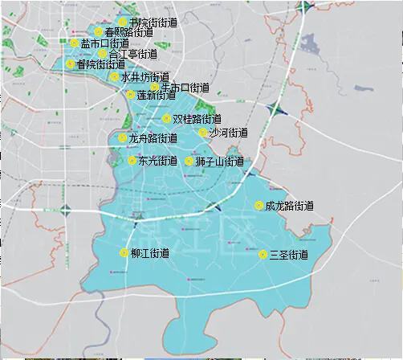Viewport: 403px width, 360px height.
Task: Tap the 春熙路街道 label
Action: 129,33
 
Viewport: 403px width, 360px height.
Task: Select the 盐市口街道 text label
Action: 104,43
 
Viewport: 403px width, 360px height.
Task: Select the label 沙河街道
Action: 227,133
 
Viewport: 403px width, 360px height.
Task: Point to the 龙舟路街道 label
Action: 153,138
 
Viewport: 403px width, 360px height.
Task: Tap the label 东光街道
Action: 157,161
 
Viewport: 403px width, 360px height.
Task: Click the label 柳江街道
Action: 149,253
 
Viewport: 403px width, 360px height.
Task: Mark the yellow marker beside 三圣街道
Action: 263,255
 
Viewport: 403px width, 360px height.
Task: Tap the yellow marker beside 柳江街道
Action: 124,253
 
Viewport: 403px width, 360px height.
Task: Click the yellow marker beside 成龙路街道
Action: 258,206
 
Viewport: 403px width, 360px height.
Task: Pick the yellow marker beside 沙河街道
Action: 202,133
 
